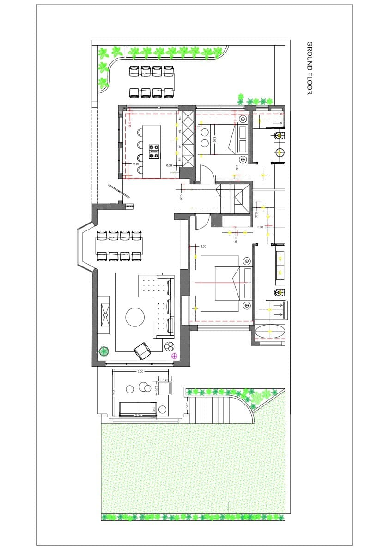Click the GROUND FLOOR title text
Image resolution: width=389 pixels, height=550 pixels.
[x=310, y=68]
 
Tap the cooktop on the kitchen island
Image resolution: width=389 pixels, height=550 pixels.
[x=154, y=151]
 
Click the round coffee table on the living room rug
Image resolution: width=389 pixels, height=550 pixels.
[x=135, y=317]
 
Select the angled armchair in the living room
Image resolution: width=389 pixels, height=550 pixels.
[x=143, y=351]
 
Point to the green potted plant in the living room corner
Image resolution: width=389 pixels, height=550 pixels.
[x=104, y=351]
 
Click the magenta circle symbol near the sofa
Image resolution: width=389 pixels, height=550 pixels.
[x=174, y=356]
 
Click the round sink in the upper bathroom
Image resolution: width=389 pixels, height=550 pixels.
[x=279, y=152]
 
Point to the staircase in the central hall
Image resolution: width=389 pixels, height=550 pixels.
[x=233, y=198]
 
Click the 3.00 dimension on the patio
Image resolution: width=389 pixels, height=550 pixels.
[x=140, y=371]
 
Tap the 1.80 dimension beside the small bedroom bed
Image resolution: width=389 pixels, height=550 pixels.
[x=214, y=140]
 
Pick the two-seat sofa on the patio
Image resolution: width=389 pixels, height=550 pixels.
[x=138, y=409]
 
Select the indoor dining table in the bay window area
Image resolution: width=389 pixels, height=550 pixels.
[x=119, y=245]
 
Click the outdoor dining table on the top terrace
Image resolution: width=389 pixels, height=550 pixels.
[x=151, y=82]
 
